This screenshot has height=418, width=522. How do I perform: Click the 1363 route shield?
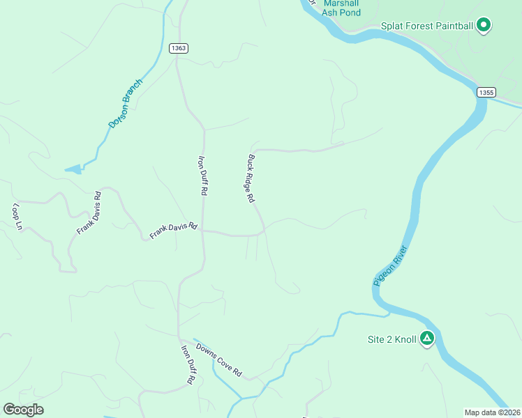coord(178,48)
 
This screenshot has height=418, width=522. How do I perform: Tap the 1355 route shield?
coord(486,92)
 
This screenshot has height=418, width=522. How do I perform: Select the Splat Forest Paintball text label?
coord(427,26)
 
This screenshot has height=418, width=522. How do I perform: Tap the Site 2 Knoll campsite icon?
coord(426,339)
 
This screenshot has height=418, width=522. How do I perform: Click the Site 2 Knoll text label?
coord(391,340)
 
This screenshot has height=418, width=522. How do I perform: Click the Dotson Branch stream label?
coord(125,103)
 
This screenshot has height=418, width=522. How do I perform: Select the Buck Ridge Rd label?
coord(251,178)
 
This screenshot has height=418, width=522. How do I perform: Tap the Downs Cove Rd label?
coord(218,360)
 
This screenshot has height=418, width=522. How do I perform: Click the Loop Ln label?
coord(17,216)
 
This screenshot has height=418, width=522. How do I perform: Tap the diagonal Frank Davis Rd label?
coord(89,212)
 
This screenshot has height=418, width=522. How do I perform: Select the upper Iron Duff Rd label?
coord(204,174)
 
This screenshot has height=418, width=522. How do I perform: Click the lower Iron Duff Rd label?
coord(188,365)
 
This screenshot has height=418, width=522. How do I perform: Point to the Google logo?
coord(23,410)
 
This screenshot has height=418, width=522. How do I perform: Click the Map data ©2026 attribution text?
coord(492,412)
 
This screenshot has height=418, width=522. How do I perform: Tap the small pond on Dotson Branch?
coord(73,169)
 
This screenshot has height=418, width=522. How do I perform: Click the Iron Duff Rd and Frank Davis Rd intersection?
coord(204,233)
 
